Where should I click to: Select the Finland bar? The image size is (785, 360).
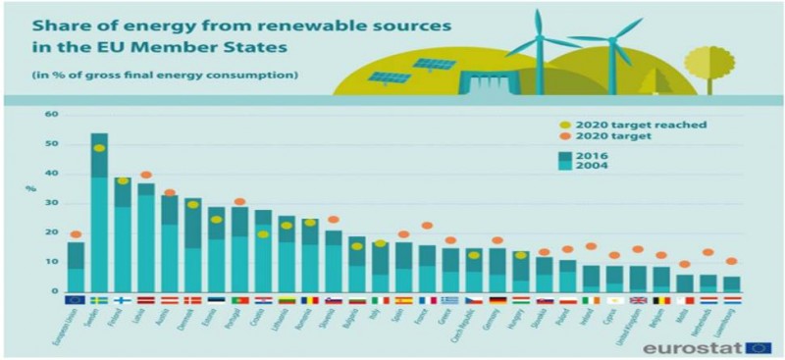pos(123,235)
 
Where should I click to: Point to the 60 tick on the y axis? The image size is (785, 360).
pos(54,115)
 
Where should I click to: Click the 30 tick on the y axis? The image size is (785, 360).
pos(54,203)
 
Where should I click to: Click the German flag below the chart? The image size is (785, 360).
pos(497,300)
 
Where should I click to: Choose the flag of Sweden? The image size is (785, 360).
pos(99,300)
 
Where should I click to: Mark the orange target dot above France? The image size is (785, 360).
pos(427,227)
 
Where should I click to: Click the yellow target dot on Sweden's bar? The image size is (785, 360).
pos(99,148)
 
